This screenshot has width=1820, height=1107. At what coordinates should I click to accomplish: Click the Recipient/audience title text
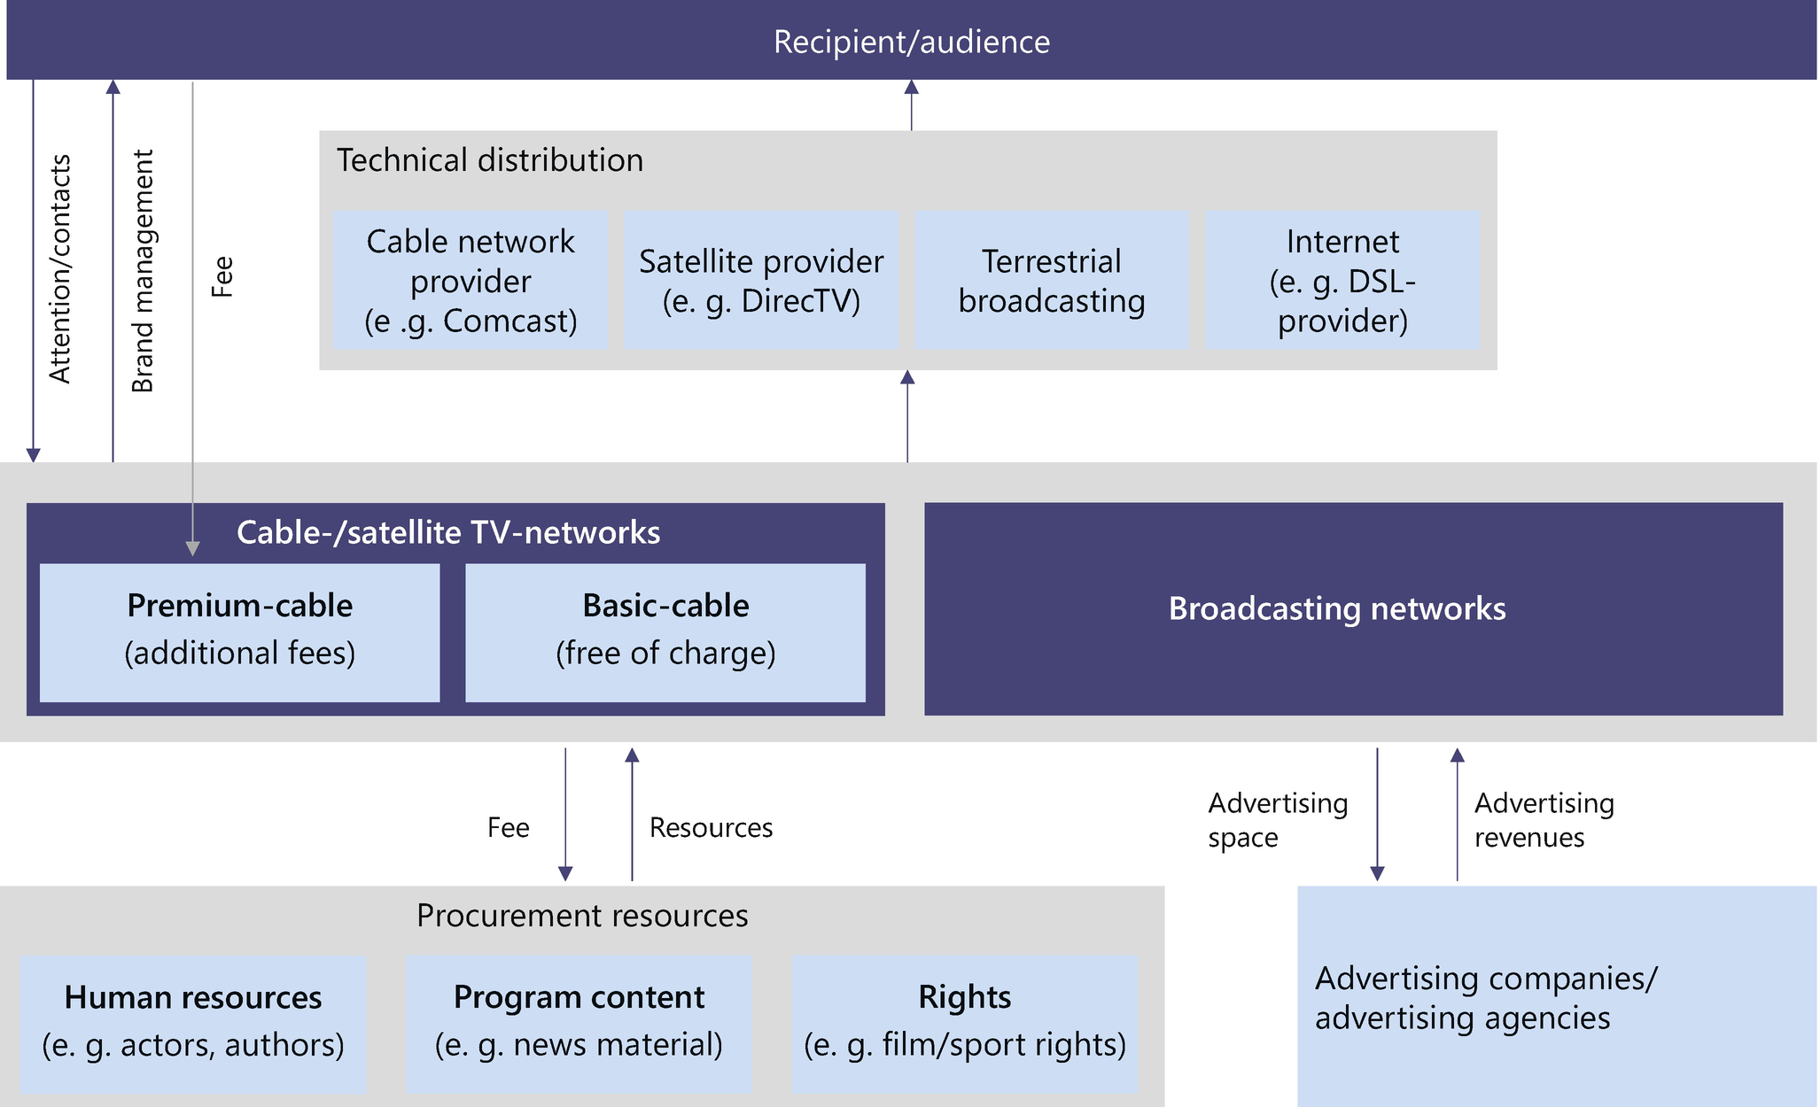coord(911,42)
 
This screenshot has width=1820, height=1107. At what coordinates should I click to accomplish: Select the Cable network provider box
coord(471,280)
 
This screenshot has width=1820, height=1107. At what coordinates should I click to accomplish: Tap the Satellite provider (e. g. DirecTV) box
coord(761,280)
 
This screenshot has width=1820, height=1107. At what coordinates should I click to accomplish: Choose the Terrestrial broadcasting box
coord(1051,280)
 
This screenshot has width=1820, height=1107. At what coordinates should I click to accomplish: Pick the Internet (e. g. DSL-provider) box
coord(1342,280)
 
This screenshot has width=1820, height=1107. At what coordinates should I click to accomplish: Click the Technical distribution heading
coord(489,160)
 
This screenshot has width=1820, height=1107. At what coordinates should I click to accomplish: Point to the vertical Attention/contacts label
coord(59,268)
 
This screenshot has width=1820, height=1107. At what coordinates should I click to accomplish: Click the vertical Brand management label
coord(142,270)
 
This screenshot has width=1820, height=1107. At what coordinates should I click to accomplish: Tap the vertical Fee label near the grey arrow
coord(222,276)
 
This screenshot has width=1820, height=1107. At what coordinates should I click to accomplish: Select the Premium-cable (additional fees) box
coord(239,631)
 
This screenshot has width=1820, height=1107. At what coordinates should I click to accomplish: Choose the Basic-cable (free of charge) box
coord(665,631)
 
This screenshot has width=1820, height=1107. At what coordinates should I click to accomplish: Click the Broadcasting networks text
coord(1336,608)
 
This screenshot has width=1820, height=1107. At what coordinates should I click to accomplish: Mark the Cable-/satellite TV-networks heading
coord(447,532)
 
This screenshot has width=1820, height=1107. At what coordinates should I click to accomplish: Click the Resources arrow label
coord(711,827)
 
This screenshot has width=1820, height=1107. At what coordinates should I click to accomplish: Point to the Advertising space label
coord(1277,819)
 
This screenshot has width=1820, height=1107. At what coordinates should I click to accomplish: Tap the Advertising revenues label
coord(1544,819)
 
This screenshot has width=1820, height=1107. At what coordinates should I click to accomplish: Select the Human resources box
coord(192,1022)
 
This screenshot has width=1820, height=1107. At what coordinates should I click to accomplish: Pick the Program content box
coord(579,1022)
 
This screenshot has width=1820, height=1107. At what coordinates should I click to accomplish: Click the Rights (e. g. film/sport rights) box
coord(964,1022)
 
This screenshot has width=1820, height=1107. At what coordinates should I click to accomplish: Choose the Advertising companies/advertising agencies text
coord(1485,998)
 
